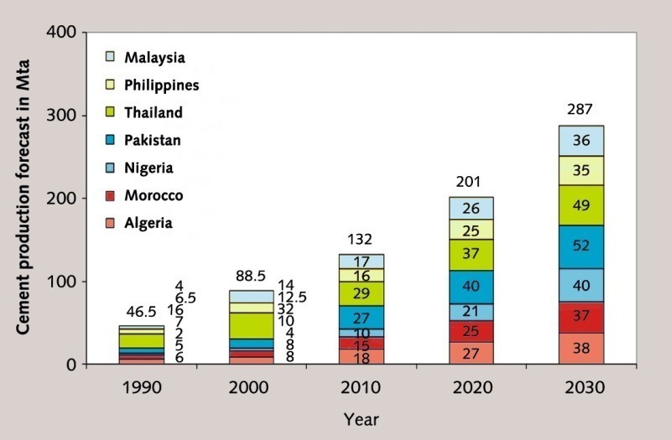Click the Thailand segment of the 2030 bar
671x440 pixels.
tap(580, 204)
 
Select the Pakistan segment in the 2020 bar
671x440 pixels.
tap(471, 287)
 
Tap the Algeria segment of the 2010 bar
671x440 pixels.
tap(362, 356)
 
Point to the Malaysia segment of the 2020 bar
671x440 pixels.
tap(471, 208)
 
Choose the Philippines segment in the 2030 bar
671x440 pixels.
tap(580, 170)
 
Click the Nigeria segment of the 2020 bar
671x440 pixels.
tap(471, 312)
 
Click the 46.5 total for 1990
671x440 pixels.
tap(141, 311)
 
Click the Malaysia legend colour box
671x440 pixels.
tap(109, 57)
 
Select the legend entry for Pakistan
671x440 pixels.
tap(153, 140)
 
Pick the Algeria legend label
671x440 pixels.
tap(148, 223)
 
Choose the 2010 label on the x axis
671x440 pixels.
tap(362, 388)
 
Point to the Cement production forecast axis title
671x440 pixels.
tap(26, 198)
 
